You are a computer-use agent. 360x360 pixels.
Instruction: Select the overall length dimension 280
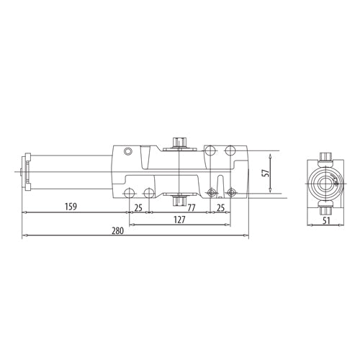(118, 231)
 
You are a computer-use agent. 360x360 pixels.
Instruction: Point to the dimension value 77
(192, 207)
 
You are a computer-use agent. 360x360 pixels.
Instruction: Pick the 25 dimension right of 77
(220, 207)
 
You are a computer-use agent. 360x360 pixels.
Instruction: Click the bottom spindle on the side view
(178, 199)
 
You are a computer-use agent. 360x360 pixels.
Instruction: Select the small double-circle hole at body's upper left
(128, 151)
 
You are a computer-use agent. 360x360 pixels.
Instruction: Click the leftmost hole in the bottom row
(130, 192)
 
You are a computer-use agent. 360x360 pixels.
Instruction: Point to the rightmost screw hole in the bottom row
(233, 192)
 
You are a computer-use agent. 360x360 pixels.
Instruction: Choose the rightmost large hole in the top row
(230, 150)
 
